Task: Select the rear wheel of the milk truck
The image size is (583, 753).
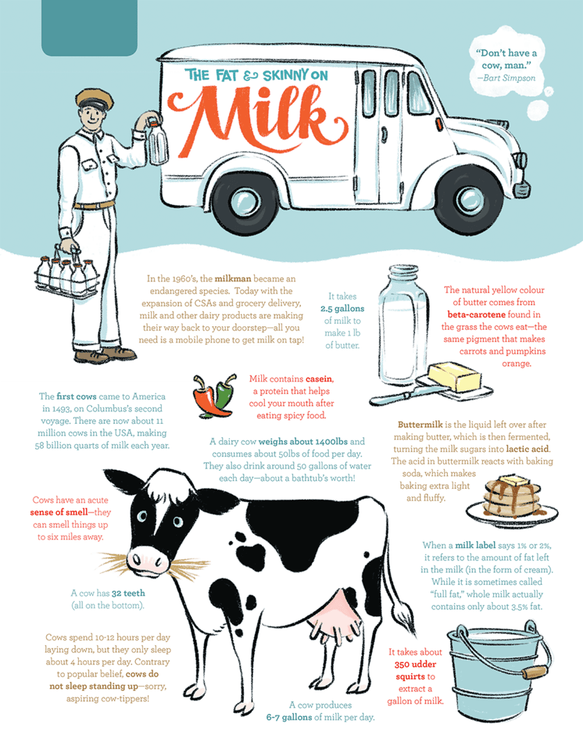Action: pos(245,202)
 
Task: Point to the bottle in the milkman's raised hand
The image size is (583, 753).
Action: pos(158,142)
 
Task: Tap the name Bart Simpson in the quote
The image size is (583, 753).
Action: pos(513,78)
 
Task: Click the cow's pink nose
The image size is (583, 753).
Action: pos(149,560)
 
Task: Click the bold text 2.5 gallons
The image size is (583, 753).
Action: pos(342,308)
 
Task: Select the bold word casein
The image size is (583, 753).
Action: pos(319,379)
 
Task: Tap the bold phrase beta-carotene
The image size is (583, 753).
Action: pos(476,314)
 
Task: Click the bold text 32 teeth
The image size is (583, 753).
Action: pos(128,593)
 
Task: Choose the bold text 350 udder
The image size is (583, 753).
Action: pos(415,664)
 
